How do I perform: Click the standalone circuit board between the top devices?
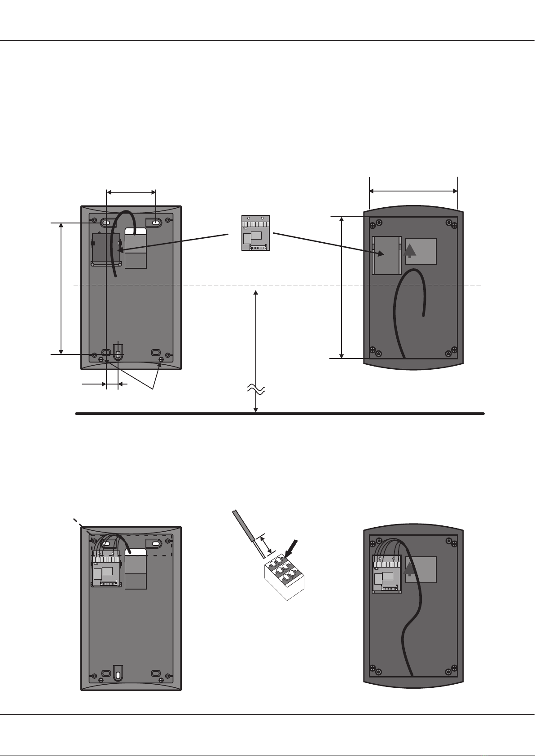coord(255,233)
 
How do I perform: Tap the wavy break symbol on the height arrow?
coord(256,389)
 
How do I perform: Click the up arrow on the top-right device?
coord(409,249)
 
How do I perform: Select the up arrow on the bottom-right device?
coord(409,569)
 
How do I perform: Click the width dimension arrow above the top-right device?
coord(413,191)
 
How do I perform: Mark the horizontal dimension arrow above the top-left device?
coord(131,192)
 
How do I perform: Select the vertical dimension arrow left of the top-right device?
coord(342,287)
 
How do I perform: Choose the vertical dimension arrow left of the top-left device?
coord(61,287)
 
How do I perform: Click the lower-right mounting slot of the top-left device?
coord(156,353)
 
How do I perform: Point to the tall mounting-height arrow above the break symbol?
coord(256,336)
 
